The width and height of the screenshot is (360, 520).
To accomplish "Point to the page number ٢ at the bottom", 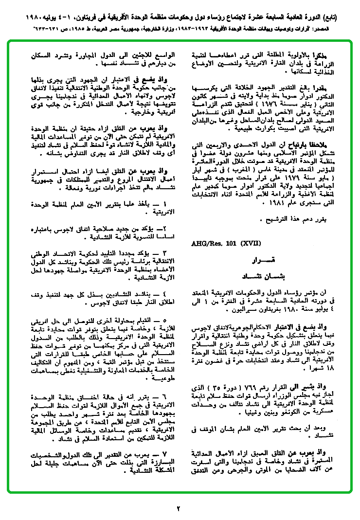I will [179, 509].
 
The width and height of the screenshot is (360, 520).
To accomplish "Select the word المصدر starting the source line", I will [339, 29].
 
